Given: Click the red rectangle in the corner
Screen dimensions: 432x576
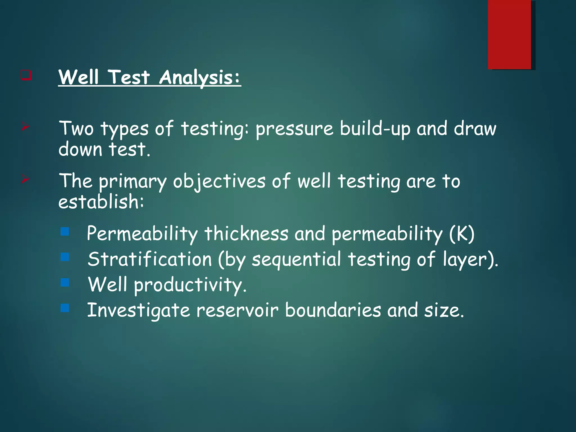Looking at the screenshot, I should click(509, 34).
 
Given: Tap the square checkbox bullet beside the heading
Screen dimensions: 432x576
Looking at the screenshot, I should click(26, 75).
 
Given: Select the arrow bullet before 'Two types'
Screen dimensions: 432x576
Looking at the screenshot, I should click(25, 128).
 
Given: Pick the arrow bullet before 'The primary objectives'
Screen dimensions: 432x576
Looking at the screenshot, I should click(25, 179).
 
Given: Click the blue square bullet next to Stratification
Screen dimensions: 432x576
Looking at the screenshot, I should click(65, 257).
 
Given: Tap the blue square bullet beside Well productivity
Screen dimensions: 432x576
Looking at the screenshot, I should click(65, 282).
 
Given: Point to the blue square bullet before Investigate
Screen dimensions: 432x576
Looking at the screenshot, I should click(65, 308).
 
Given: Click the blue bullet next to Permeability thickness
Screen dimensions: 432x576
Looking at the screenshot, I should click(65, 231).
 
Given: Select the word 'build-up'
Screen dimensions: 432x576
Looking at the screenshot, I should click(375, 129).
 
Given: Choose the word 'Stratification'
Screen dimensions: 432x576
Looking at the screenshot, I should click(150, 259).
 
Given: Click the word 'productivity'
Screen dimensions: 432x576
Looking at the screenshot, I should click(190, 285).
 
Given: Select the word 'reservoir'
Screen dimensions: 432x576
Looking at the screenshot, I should click(237, 310).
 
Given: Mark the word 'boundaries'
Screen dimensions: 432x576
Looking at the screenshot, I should click(333, 310).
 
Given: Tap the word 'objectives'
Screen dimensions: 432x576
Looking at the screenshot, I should click(219, 181).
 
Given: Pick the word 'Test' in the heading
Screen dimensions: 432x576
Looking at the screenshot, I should click(129, 77).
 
